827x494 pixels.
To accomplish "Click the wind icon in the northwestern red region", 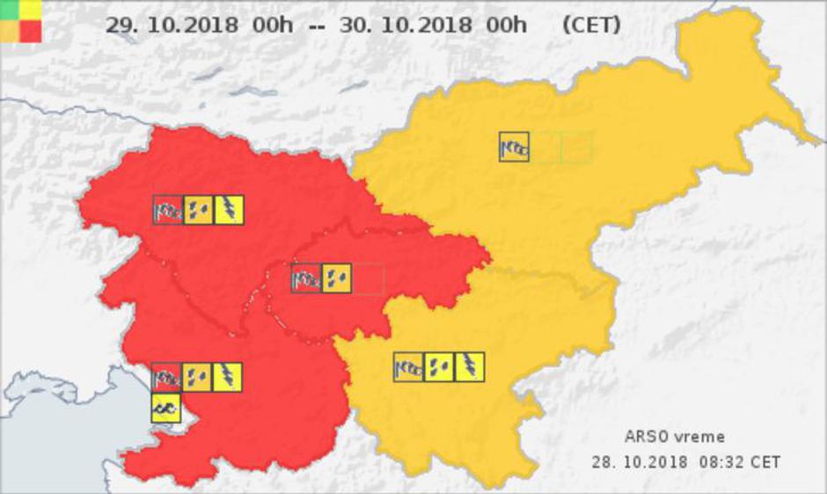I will pos(167,210).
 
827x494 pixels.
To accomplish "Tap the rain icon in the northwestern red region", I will pos(198,210).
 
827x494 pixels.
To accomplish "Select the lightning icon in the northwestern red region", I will pos(229,210).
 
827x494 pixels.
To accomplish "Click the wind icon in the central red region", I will pos(306,278).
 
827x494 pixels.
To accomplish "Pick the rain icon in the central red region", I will pos(336,278).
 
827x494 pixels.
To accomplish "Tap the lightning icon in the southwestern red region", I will pos(227,377).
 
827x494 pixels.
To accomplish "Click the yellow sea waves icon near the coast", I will pos(165,408).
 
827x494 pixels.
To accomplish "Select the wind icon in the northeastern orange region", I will pos(514,147).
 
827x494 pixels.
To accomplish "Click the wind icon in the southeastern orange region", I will pos(408,366).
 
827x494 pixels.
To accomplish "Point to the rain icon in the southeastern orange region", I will pos(439,366).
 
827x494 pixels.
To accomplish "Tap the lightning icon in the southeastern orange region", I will pos(470,366).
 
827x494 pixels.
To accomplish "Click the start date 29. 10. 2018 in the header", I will pos(171,25).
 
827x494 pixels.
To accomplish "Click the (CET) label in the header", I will pos(590,25).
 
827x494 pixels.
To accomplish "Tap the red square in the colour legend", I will pos(31,32).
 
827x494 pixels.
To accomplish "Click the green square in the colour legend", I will pos(10,10).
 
